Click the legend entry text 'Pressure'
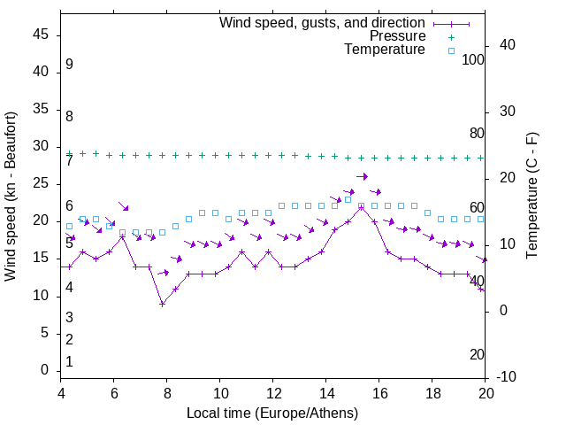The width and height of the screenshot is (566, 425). click(397, 36)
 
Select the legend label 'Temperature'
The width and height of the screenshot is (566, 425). click(384, 50)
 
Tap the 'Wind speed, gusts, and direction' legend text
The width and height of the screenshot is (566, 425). click(322, 22)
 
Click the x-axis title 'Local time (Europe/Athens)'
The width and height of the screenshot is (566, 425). click(272, 413)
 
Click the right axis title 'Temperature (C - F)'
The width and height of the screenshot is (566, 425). click(532, 196)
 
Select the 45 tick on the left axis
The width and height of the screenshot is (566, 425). click(41, 35)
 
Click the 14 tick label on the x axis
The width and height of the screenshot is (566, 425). click(326, 393)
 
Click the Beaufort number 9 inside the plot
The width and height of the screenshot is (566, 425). click(69, 65)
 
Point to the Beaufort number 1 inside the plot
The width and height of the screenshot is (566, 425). click(69, 362)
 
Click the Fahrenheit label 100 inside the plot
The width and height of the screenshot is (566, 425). click(473, 60)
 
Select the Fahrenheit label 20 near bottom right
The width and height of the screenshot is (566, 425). click(477, 355)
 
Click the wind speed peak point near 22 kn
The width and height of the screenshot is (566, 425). click(361, 207)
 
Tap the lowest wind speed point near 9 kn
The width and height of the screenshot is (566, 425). click(162, 304)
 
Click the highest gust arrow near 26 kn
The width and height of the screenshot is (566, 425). click(362, 176)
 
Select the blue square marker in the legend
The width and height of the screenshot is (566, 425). click(451, 50)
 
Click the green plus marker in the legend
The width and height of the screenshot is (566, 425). click(451, 37)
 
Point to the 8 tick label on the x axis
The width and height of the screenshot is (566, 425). click(167, 393)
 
